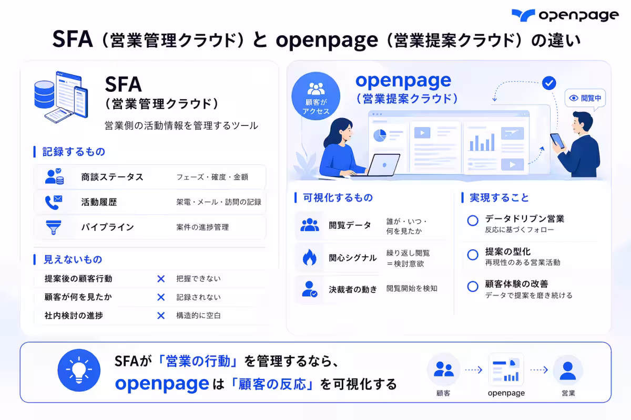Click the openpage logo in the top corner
click(x=565, y=15)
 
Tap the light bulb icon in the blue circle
click(x=79, y=370)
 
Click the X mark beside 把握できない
click(x=161, y=279)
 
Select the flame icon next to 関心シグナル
click(x=309, y=257)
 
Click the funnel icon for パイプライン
click(x=54, y=227)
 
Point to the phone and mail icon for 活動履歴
click(x=54, y=202)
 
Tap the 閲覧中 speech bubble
click(x=585, y=99)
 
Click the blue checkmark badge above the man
click(x=549, y=83)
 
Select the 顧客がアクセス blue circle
click(x=316, y=96)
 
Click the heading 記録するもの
click(x=74, y=152)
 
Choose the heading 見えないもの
click(x=73, y=259)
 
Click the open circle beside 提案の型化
click(x=473, y=255)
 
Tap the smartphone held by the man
click(x=557, y=141)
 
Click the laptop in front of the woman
click(x=384, y=165)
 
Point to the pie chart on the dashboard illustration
click(x=380, y=135)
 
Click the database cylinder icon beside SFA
click(x=44, y=94)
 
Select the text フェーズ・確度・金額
click(x=212, y=177)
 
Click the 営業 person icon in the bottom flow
click(x=568, y=371)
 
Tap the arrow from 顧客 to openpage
click(x=474, y=370)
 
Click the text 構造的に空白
click(x=198, y=316)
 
